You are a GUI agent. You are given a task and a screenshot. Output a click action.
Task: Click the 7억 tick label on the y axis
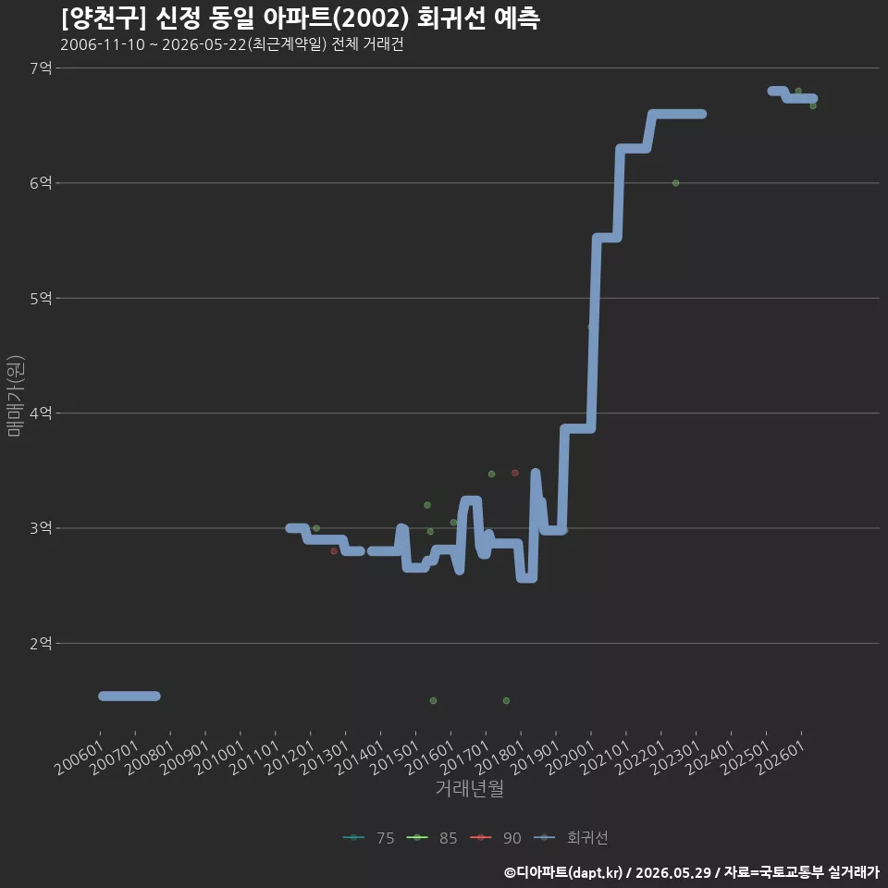click(41, 68)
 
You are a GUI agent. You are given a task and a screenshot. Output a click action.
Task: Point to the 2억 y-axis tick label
click(41, 644)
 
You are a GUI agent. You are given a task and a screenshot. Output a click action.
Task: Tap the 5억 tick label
click(41, 298)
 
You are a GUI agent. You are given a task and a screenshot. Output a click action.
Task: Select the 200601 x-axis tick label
click(80, 758)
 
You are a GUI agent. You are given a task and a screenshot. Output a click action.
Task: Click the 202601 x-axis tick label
click(781, 758)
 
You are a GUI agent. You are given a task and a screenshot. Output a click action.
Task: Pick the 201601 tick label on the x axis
click(430, 758)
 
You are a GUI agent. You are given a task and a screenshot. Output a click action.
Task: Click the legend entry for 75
click(369, 838)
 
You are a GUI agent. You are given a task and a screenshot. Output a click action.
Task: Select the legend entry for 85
click(432, 838)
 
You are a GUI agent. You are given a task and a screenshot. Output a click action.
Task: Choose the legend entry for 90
click(496, 838)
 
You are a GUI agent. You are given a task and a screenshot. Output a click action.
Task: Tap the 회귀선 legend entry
click(571, 838)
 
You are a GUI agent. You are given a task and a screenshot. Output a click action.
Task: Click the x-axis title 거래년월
click(470, 788)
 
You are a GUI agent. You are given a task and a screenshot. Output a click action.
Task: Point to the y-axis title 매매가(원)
click(15, 396)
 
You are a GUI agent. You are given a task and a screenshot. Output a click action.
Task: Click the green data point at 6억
click(675, 183)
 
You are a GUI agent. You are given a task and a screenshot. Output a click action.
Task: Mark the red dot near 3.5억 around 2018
click(515, 473)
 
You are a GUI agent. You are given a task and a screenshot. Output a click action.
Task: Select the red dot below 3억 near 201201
click(334, 551)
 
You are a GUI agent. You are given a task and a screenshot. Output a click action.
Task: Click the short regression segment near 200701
click(129, 696)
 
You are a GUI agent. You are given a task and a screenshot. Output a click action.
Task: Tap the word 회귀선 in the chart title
click(450, 18)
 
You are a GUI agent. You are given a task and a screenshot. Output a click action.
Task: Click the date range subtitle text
click(231, 44)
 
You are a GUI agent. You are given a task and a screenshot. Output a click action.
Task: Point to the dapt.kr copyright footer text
click(692, 872)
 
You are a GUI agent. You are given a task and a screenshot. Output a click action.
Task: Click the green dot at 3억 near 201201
click(316, 528)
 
